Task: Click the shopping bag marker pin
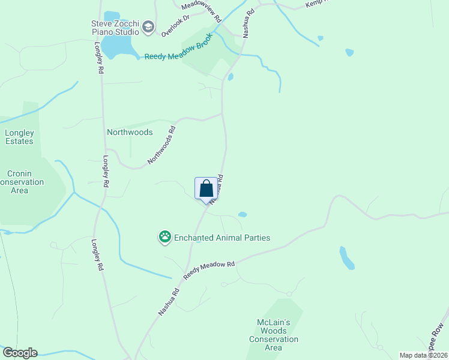pyautogui.click(x=206, y=189)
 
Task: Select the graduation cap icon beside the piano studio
pyautogui.click(x=148, y=27)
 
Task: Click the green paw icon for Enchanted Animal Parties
pyautogui.click(x=164, y=238)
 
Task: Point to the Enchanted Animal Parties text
pyautogui.click(x=222, y=238)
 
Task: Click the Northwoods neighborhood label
pyautogui.click(x=130, y=132)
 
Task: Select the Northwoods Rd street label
pyautogui.click(x=162, y=145)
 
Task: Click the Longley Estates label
pyautogui.click(x=19, y=137)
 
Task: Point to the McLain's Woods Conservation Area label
pyautogui.click(x=273, y=335)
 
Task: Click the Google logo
pyautogui.click(x=20, y=353)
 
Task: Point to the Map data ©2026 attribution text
pyautogui.click(x=423, y=355)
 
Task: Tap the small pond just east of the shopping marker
pyautogui.click(x=243, y=214)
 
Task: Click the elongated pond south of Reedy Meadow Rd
pyautogui.click(x=347, y=258)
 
